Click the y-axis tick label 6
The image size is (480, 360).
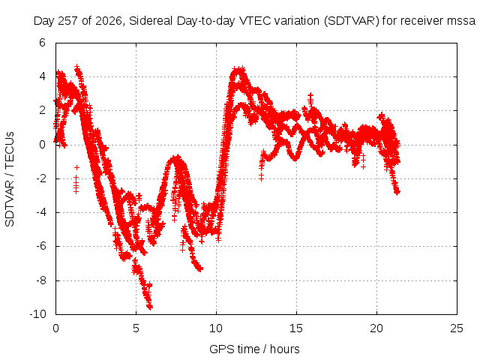click(x=42, y=43)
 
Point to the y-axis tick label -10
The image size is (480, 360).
click(x=38, y=314)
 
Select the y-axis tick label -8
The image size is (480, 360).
click(x=40, y=280)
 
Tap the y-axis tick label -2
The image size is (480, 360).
click(x=40, y=178)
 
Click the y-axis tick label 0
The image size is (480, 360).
click(x=42, y=145)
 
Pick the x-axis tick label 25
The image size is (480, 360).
click(x=457, y=328)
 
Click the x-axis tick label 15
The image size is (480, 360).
click(x=296, y=328)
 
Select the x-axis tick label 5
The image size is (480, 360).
click(x=136, y=328)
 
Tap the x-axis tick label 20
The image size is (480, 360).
click(x=376, y=328)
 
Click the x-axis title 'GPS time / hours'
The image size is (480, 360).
click(x=254, y=349)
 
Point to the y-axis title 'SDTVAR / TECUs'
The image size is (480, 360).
click(x=10, y=179)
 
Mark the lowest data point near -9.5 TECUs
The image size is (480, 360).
click(x=150, y=307)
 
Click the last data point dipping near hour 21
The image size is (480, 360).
click(x=397, y=192)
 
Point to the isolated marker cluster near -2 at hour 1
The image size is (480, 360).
click(x=76, y=180)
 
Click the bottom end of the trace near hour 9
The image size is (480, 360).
click(x=200, y=269)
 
